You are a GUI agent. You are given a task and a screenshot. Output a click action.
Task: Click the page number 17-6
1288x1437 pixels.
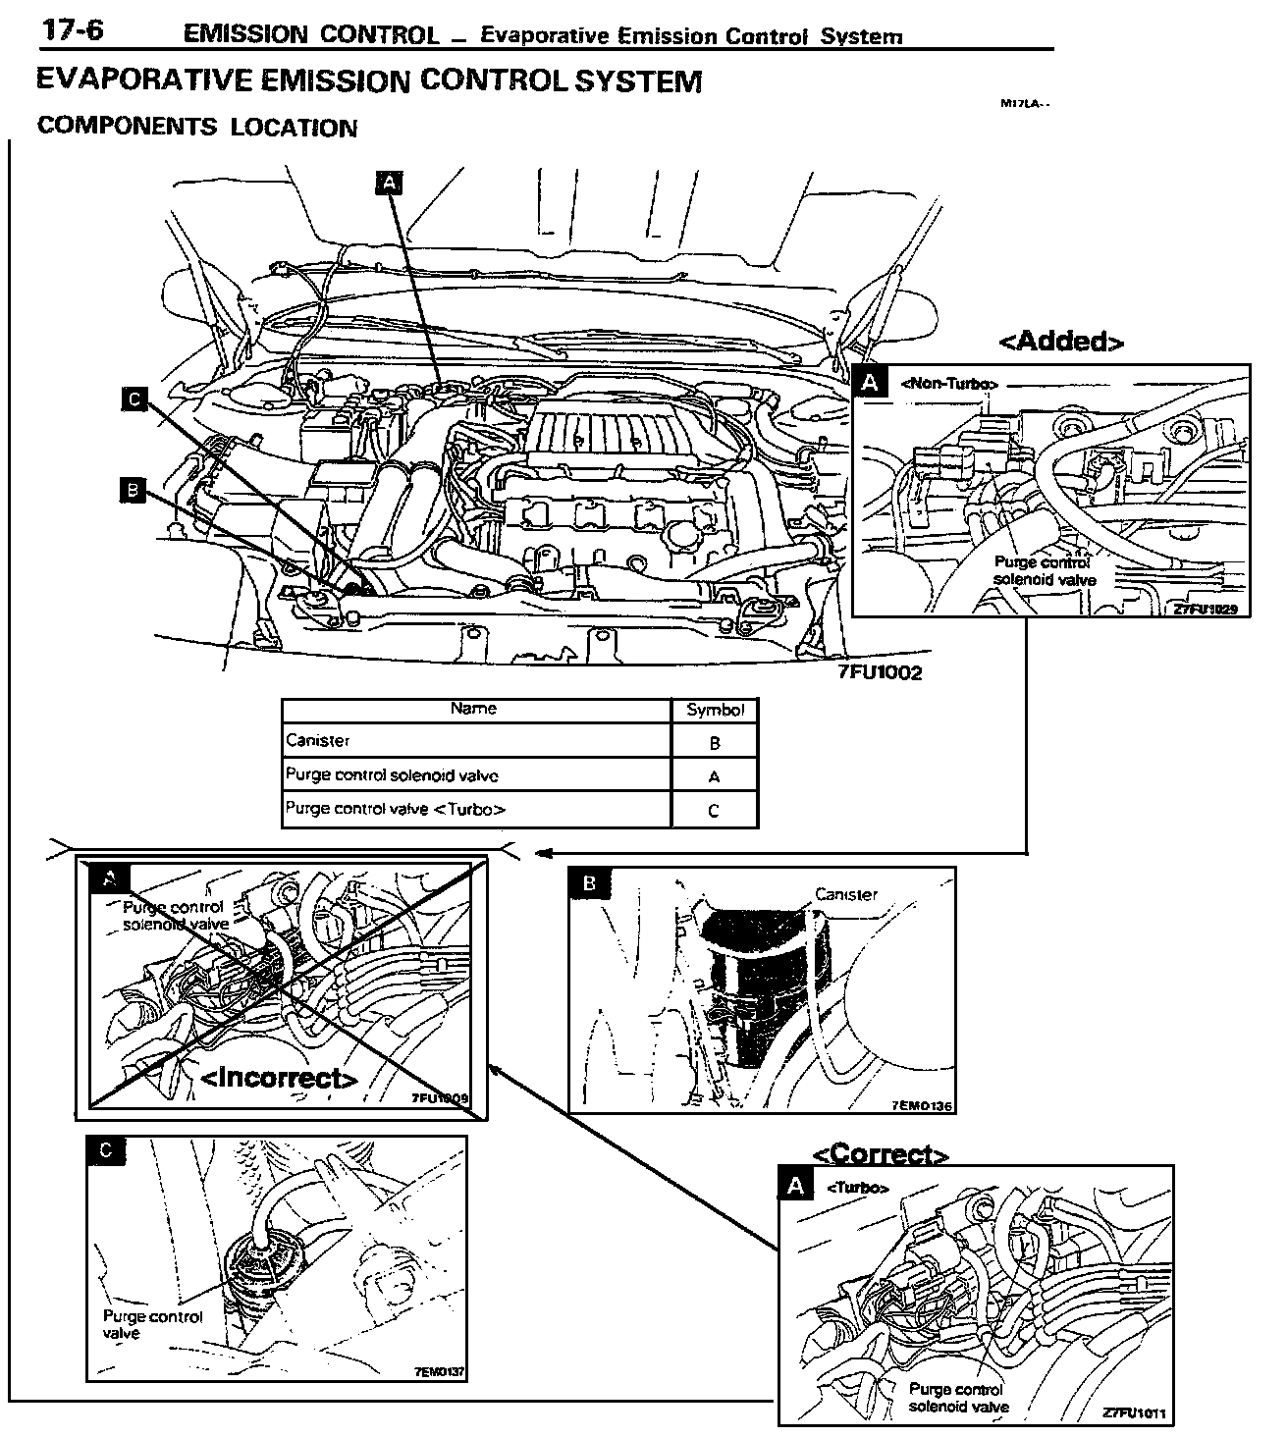[72, 31]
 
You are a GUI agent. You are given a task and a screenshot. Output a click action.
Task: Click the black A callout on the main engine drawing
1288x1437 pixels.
[390, 183]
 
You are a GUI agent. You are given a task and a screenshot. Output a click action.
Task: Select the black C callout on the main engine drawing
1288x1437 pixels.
[134, 399]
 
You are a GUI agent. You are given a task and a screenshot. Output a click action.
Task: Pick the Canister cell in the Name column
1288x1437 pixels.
[317, 740]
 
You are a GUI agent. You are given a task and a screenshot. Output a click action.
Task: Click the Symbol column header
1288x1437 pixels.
[715, 710]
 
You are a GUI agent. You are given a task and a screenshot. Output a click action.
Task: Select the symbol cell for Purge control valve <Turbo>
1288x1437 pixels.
[714, 810]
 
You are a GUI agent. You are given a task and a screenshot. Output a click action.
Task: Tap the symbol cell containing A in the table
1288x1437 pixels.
[714, 776]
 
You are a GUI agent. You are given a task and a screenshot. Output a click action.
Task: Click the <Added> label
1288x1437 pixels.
[1060, 341]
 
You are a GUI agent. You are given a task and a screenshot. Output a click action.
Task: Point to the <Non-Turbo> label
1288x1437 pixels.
[948, 384]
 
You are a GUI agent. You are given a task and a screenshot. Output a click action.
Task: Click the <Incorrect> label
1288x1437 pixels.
[280, 1078]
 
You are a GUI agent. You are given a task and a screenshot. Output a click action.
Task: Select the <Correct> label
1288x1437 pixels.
[881, 1154]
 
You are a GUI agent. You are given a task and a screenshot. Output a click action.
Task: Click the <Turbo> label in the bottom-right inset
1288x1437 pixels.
[858, 1188]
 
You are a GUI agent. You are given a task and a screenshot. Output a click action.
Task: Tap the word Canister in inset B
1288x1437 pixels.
[845, 894]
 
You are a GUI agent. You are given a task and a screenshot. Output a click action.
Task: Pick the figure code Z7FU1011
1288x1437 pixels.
[1134, 1413]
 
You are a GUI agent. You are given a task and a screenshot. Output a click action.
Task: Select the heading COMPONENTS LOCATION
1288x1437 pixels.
[196, 128]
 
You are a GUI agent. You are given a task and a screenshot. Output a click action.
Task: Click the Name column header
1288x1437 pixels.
[473, 709]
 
